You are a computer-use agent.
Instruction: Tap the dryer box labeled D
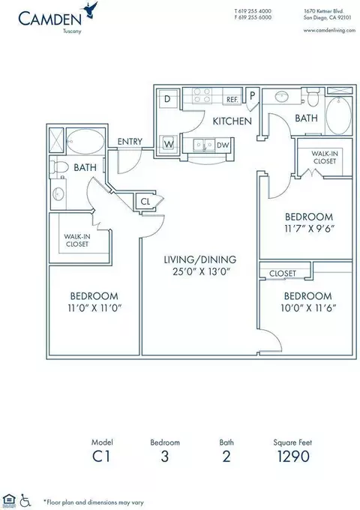168,99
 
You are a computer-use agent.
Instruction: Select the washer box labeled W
169,144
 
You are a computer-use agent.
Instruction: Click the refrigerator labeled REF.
232,99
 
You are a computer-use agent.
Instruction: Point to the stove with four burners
202,95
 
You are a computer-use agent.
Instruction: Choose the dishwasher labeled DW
223,145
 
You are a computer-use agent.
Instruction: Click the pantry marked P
252,95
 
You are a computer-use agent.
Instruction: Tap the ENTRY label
130,142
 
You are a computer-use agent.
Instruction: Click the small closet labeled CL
145,202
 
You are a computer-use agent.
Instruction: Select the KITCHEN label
232,121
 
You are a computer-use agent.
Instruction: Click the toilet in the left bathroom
59,167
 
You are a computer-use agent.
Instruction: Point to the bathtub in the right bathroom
338,115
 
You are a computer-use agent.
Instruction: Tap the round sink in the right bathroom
281,97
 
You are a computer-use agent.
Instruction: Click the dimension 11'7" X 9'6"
309,228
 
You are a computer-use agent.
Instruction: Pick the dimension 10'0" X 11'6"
308,307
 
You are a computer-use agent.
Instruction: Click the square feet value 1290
293,456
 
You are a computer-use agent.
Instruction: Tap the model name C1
101,456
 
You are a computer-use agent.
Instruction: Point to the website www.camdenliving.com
329,30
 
